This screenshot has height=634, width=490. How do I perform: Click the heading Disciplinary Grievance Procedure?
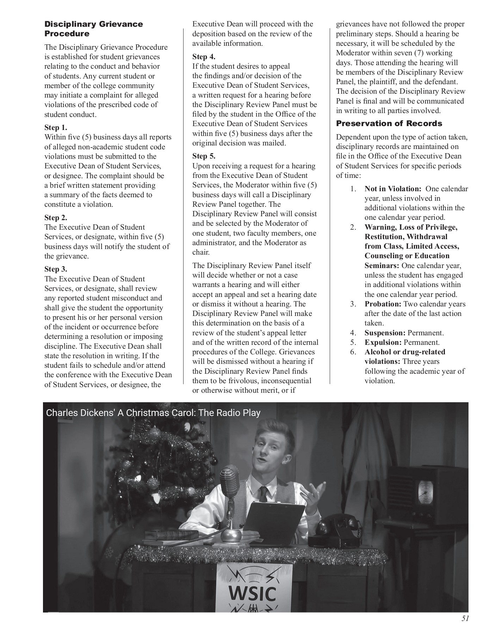(93, 29)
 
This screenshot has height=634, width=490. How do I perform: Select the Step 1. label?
(56, 128)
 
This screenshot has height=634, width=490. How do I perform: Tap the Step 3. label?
(56, 269)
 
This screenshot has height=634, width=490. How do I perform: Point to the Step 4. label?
(204, 57)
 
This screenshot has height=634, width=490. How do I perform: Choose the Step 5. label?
(204, 156)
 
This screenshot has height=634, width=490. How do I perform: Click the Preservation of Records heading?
(389, 123)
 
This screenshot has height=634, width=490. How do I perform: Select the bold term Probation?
(383, 304)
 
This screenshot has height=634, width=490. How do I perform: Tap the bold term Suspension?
(385, 333)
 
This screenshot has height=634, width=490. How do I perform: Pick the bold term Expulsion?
(383, 342)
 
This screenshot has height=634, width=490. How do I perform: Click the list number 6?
(353, 352)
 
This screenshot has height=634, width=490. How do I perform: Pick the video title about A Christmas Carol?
(153, 412)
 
